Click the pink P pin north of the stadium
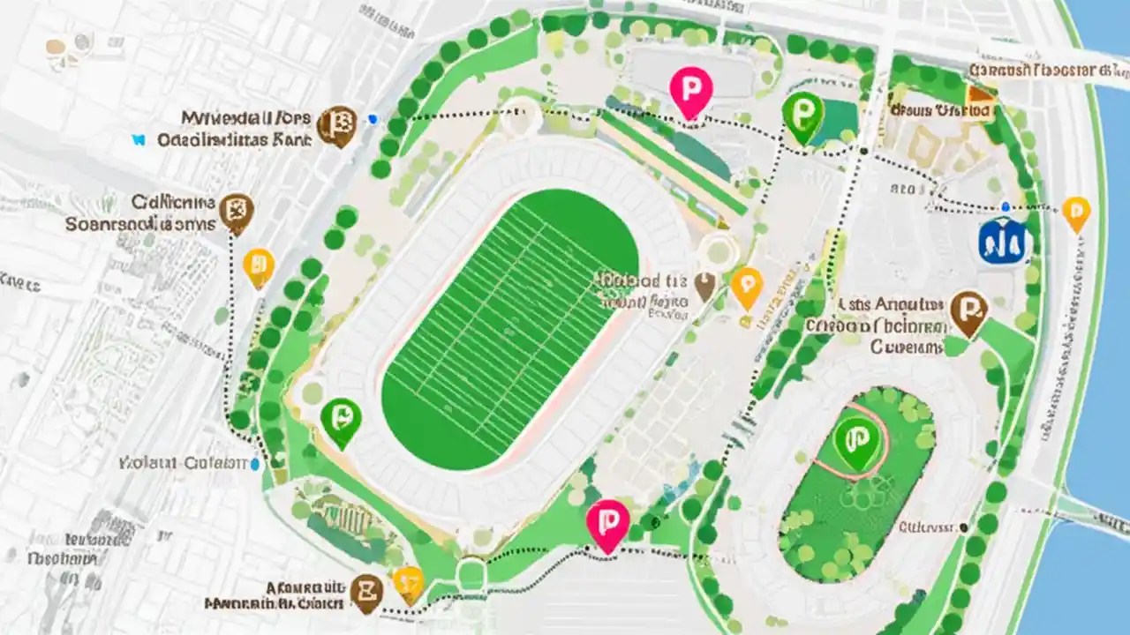(x=690, y=90)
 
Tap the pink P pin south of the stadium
(x=607, y=521)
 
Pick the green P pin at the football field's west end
(x=341, y=418)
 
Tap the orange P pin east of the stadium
(x=747, y=285)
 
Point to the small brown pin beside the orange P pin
(x=704, y=284)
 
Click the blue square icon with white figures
(x=1003, y=241)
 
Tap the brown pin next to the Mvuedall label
(x=336, y=123)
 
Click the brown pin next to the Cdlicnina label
(x=237, y=211)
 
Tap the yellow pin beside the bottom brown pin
(x=408, y=582)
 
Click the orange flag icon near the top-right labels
(x=979, y=95)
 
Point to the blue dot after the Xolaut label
(x=255, y=463)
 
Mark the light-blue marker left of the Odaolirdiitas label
(x=137, y=139)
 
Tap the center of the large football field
(x=510, y=329)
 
